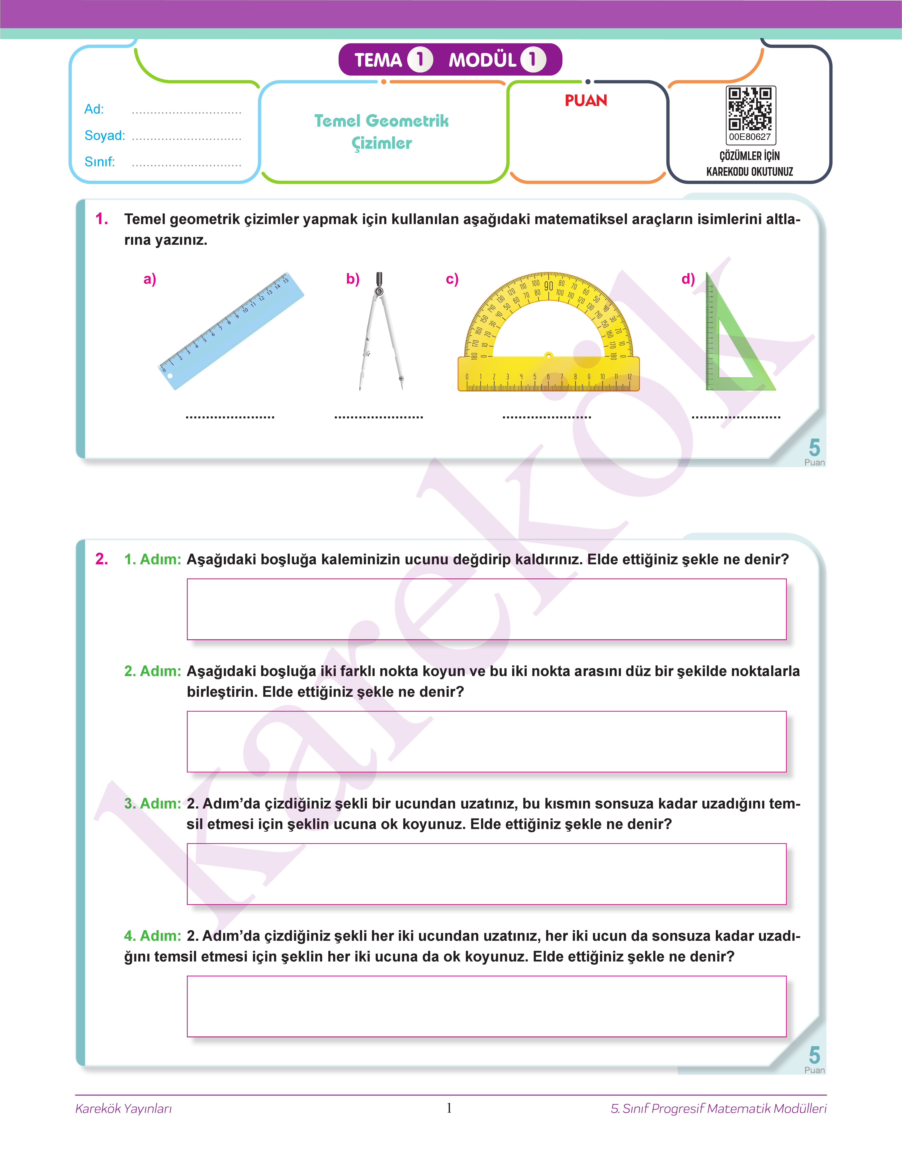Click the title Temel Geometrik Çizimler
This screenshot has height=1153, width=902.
click(381, 132)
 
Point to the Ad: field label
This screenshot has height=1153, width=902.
click(94, 109)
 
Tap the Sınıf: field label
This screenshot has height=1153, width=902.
click(99, 162)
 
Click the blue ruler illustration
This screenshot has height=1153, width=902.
click(231, 331)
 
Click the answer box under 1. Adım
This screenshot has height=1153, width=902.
click(486, 609)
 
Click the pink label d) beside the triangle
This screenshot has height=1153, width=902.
click(688, 279)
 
